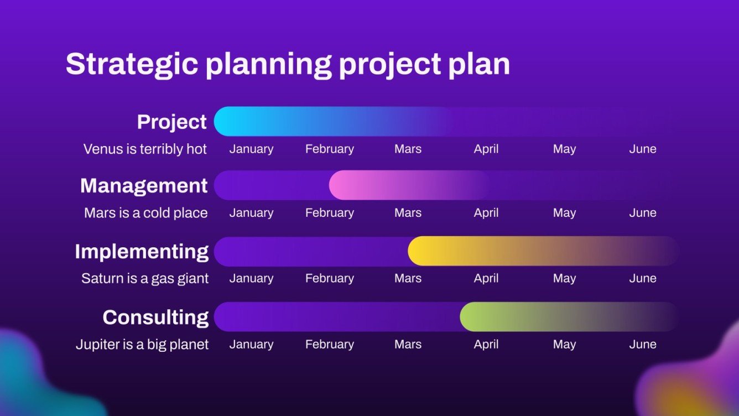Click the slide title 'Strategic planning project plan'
[x=288, y=64]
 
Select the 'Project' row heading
[x=171, y=122]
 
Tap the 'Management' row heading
[x=144, y=185]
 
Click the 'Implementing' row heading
[x=142, y=251]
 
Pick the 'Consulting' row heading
[x=155, y=317]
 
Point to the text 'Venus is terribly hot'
[x=145, y=149]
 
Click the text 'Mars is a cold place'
[x=145, y=213]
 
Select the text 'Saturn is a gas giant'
[x=145, y=278]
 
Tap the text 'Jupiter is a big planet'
[x=142, y=344]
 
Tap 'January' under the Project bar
[x=251, y=149]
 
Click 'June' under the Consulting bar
[x=642, y=344]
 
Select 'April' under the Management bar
[x=486, y=213]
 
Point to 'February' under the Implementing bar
[x=329, y=278]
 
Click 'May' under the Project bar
[x=564, y=149]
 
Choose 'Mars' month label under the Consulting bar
[x=408, y=344]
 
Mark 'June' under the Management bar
[x=642, y=213]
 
